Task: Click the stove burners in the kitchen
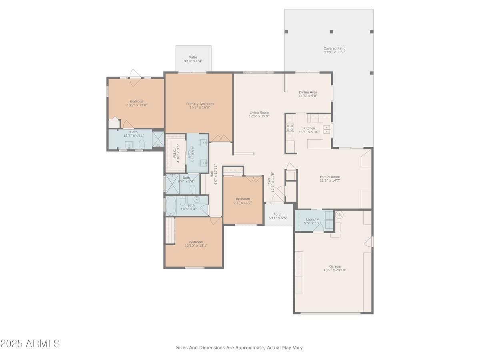(290, 128)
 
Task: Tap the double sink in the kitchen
(327, 129)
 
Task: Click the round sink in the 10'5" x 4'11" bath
(196, 199)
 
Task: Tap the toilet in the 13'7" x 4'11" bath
(141, 144)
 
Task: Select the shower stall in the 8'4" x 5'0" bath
(172, 184)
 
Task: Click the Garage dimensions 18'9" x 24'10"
(334, 270)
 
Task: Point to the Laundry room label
(312, 219)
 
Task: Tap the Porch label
(278, 214)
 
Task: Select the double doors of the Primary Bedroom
(221, 138)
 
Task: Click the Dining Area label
(308, 92)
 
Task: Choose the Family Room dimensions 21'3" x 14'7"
(330, 180)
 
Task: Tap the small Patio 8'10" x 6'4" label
(193, 57)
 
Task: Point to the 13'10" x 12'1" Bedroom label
(196, 242)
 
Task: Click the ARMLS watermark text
(30, 343)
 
